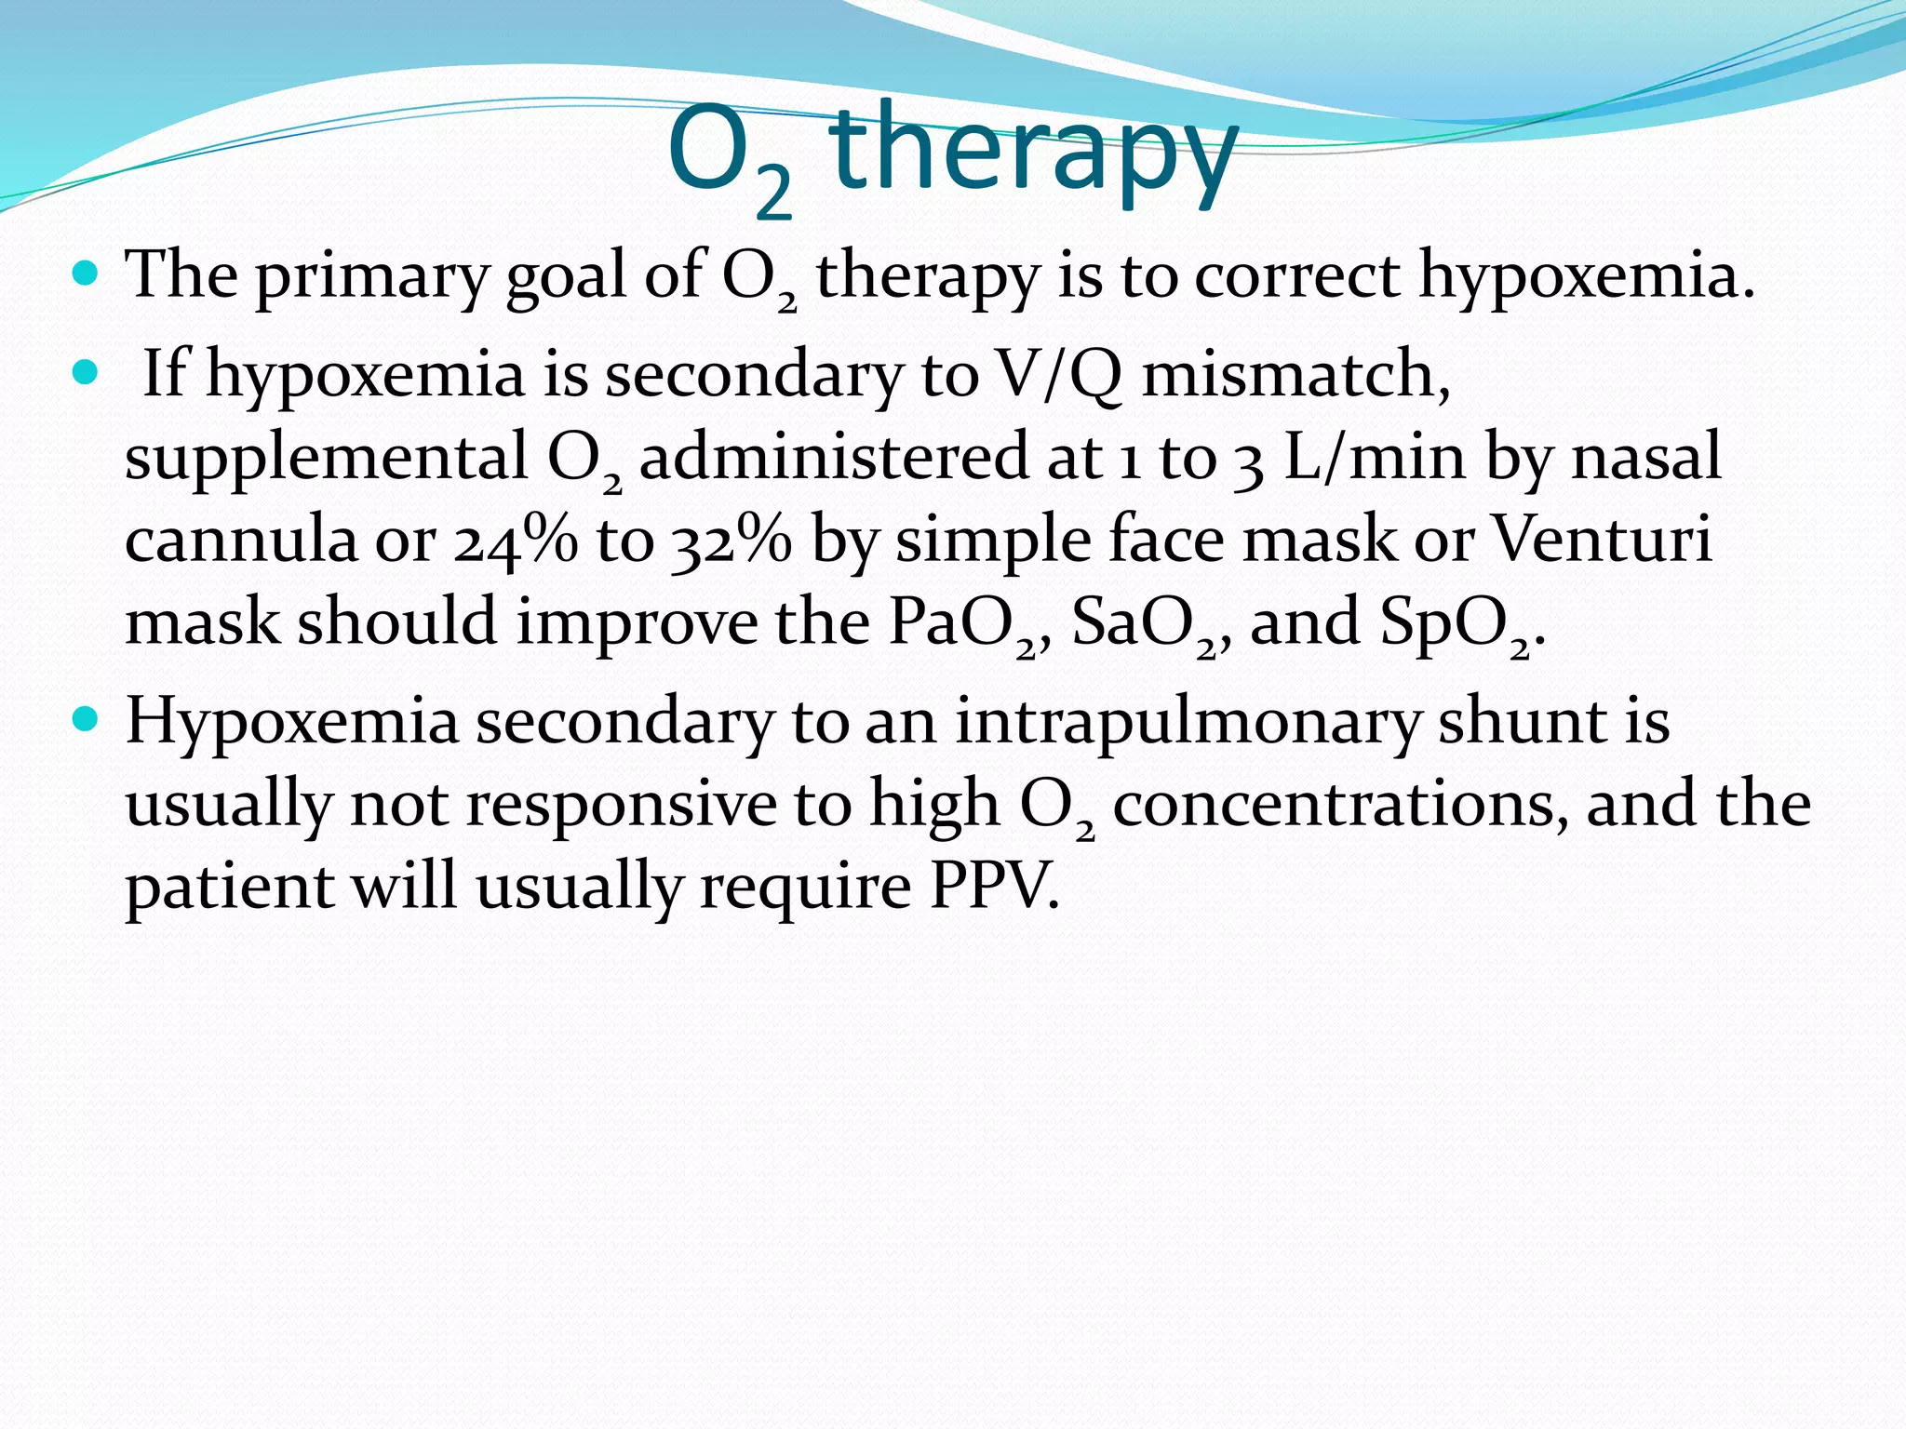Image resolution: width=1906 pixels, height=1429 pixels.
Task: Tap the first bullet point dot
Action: [x=85, y=274]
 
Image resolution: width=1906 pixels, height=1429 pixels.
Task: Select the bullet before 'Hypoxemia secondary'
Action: [x=85, y=719]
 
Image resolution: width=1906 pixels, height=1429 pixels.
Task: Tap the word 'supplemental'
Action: [x=327, y=459]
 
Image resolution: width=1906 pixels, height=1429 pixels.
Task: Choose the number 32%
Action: [x=731, y=540]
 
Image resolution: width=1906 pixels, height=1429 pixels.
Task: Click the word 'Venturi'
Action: [x=1602, y=539]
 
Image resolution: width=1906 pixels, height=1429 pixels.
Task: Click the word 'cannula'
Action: [x=241, y=540]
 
